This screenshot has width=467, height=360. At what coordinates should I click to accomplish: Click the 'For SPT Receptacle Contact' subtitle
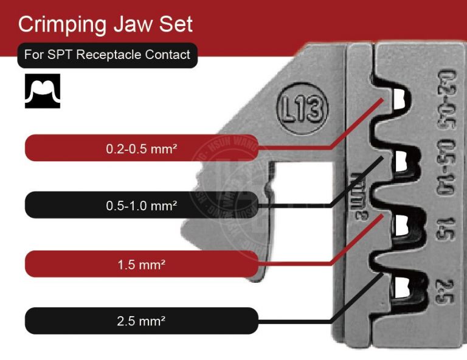click(107, 55)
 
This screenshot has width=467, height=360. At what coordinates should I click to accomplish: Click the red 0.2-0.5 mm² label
click(141, 148)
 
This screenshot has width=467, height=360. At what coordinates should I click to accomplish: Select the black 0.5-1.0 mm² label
click(141, 206)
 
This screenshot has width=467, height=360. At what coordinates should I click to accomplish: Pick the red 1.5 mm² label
click(141, 264)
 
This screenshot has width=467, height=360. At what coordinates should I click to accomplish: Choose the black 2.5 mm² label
click(141, 321)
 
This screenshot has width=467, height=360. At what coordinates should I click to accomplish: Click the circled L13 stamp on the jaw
click(302, 110)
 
